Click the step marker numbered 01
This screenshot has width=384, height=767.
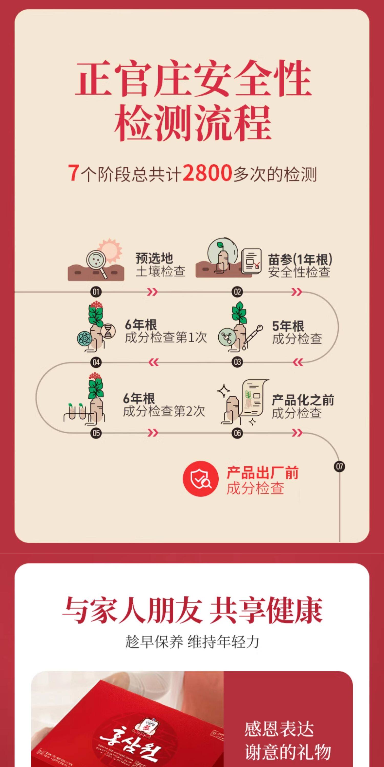tap(96, 292)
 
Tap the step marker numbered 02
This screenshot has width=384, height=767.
tap(237, 292)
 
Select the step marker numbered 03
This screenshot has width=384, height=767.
tap(237, 362)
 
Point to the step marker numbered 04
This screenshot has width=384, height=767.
tap(96, 362)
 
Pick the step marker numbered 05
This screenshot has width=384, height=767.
tap(96, 433)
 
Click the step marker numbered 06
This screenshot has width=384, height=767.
tap(237, 433)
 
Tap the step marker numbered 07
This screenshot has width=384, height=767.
tap(339, 466)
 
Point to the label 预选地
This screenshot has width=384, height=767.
tap(154, 258)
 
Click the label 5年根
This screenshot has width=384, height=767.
tap(288, 326)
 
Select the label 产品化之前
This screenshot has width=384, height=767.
tap(303, 400)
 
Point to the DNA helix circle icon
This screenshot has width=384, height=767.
tap(109, 331)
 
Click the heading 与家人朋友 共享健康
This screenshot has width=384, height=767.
tap(192, 610)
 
